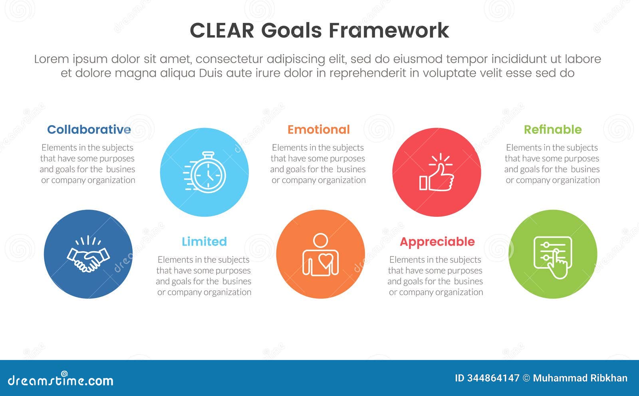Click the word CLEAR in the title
(x=222, y=31)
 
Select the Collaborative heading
(x=89, y=130)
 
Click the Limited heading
(x=204, y=242)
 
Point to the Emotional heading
(x=318, y=130)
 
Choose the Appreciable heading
(x=437, y=242)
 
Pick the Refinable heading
(x=552, y=130)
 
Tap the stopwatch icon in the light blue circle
(x=205, y=172)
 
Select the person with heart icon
(x=320, y=255)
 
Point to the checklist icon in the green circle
(x=553, y=256)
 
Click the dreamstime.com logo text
(x=61, y=380)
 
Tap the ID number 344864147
(x=493, y=378)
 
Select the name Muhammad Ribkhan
(x=580, y=378)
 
